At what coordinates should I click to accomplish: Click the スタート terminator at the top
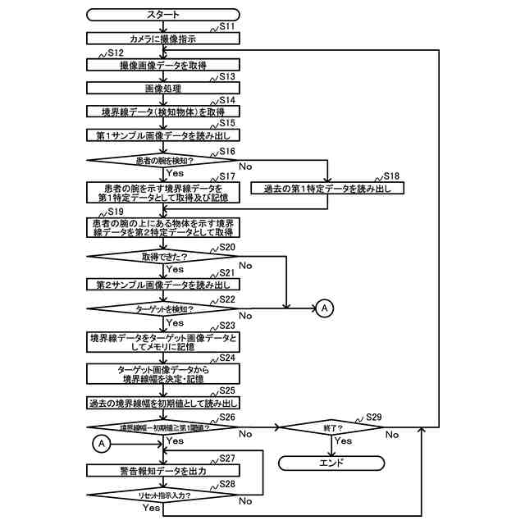pos(163,15)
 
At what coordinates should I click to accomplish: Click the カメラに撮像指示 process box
pos(163,38)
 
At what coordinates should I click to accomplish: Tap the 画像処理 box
pos(163,88)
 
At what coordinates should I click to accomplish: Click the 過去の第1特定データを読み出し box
pos(327,189)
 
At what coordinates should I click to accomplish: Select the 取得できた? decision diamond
pos(163,256)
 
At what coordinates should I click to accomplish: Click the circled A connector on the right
pos(325,308)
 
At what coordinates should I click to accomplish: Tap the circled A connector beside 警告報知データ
pos(102,443)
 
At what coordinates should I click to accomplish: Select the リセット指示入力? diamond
pos(163,495)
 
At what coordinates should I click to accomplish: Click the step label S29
pos(373,417)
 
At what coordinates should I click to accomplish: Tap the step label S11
pos(227,27)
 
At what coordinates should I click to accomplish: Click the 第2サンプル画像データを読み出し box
pos(163,285)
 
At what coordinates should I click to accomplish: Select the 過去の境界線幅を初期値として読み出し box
pos(163,403)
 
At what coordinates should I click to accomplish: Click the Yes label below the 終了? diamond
pos(344,441)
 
